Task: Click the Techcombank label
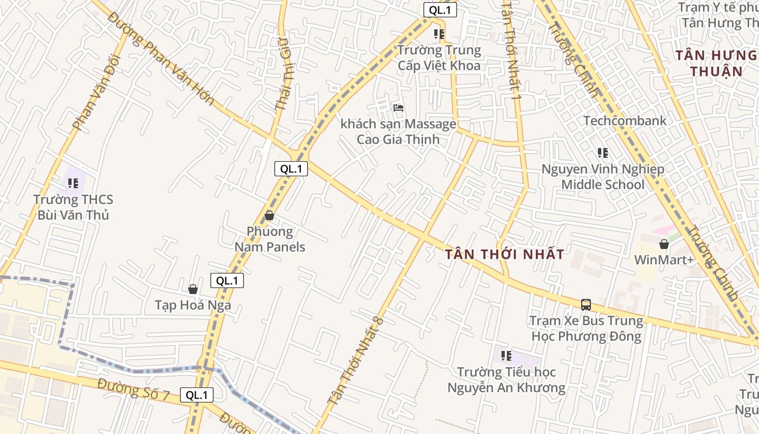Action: pos(625,120)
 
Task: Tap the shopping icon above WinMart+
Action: pos(664,244)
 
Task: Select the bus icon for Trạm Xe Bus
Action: pos(586,304)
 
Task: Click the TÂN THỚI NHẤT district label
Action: pos(504,254)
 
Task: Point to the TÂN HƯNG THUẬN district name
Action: pos(716,63)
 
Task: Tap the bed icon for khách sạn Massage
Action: pos(398,107)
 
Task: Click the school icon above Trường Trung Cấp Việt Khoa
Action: pos(439,34)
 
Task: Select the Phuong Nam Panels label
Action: pos(269,239)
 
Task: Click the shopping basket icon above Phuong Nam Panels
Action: pos(269,215)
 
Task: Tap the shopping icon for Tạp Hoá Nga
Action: pos(192,289)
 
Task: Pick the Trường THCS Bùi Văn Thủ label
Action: pos(73,207)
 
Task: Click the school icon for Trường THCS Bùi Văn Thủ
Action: pos(73,183)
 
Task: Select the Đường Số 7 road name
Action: pos(133,390)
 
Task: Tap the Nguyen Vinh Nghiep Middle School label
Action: pos(602,177)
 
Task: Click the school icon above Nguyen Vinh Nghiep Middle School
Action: pos(602,153)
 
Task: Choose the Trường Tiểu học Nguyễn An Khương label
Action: pos(506,380)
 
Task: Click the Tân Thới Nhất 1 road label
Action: pos(512,49)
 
